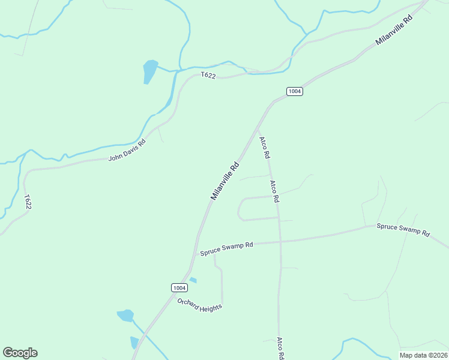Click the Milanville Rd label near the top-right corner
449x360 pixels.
pos(394,31)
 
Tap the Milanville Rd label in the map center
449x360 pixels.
pos(225,181)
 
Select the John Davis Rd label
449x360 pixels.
pos(127,150)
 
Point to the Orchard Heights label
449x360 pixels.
pos(199,304)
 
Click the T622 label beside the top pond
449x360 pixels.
pos(208,75)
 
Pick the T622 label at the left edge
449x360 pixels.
pos(28,202)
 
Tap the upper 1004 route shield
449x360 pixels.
pos(294,91)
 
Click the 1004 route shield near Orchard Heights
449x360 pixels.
pos(179,287)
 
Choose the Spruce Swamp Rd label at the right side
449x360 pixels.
pos(403,229)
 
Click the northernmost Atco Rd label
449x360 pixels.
pos(264,148)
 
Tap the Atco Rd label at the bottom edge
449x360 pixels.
pos(280,347)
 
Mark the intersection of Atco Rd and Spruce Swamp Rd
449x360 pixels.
pos(280,241)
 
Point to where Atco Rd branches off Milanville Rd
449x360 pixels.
pos(257,127)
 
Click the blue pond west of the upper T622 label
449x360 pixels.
pos(149,70)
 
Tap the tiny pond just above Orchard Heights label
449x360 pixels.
pos(193,280)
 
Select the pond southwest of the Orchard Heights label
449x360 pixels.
pos(125,315)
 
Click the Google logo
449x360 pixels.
pos(20,353)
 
